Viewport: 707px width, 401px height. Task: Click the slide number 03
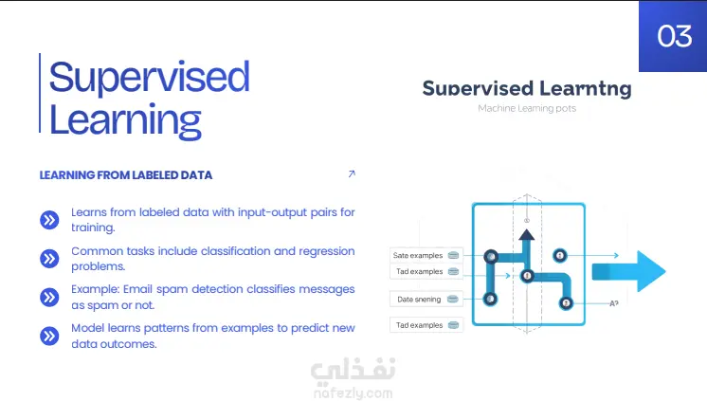(x=674, y=36)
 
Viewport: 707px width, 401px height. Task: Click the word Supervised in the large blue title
(x=149, y=78)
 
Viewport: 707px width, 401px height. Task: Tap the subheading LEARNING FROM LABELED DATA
(x=126, y=175)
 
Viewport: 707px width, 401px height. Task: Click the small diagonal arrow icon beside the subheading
(x=352, y=173)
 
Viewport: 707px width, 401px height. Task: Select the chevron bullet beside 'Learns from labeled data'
(x=49, y=220)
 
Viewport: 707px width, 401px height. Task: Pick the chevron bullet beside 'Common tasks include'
(x=49, y=259)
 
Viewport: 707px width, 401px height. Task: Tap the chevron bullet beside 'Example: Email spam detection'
(x=49, y=298)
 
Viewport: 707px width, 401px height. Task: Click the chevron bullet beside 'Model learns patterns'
(x=49, y=336)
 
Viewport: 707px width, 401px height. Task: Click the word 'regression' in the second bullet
(x=327, y=252)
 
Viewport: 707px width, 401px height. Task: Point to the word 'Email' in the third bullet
(x=138, y=289)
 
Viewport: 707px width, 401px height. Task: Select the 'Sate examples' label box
(x=426, y=255)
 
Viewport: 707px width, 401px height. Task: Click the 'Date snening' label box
(x=426, y=299)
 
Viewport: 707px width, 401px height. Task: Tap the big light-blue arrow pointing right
(x=629, y=271)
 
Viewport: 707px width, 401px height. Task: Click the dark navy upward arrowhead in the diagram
(x=527, y=234)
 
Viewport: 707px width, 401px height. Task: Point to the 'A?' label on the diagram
(x=614, y=303)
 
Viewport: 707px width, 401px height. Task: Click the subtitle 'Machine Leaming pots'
(x=527, y=108)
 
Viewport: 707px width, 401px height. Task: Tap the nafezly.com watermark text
(x=353, y=393)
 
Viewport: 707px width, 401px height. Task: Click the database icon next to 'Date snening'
(x=453, y=299)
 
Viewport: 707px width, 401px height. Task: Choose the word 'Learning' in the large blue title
(x=125, y=121)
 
